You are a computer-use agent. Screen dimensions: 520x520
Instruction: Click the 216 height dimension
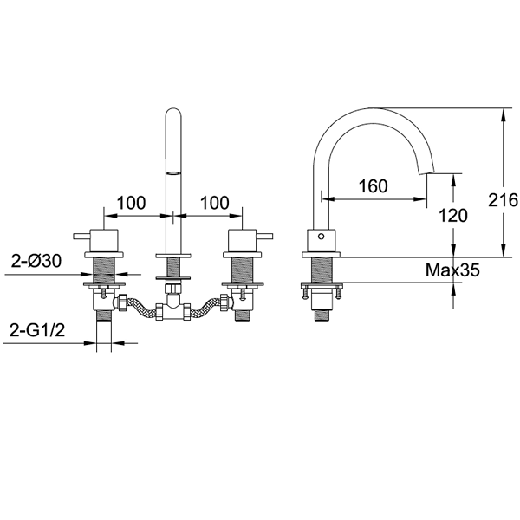(x=503, y=200)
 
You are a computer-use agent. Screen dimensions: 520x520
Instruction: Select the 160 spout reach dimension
(x=373, y=186)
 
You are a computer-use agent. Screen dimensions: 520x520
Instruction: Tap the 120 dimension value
(x=453, y=216)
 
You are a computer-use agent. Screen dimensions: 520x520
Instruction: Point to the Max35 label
(x=452, y=270)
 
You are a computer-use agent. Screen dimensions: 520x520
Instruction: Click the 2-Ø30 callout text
(x=36, y=261)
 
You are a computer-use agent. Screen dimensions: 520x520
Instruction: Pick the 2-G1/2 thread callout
(x=37, y=330)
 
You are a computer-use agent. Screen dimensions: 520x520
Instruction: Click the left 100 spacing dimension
(x=132, y=203)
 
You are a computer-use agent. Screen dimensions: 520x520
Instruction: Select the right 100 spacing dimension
(x=215, y=203)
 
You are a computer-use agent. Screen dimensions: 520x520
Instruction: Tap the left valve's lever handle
(x=82, y=236)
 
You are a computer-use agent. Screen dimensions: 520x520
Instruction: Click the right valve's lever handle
(x=264, y=236)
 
